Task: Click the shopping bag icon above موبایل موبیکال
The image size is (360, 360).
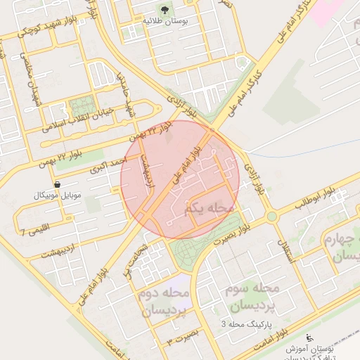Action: pos(57,184)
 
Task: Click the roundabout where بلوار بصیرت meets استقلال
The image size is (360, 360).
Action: pos(271,216)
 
